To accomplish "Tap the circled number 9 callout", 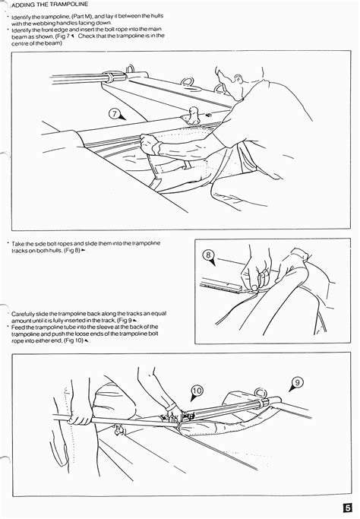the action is point(297,383).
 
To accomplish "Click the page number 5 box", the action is point(347,508).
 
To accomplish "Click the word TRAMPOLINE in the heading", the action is point(69,5).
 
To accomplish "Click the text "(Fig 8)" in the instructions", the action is point(72,250).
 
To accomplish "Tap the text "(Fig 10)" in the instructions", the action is point(74,340).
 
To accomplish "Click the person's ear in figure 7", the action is point(236,80).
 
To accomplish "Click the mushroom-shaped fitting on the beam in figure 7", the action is point(193,114).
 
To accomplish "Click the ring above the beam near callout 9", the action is point(261,393).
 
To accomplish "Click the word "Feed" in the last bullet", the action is point(17,327).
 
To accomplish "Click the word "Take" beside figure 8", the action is point(17,244).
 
